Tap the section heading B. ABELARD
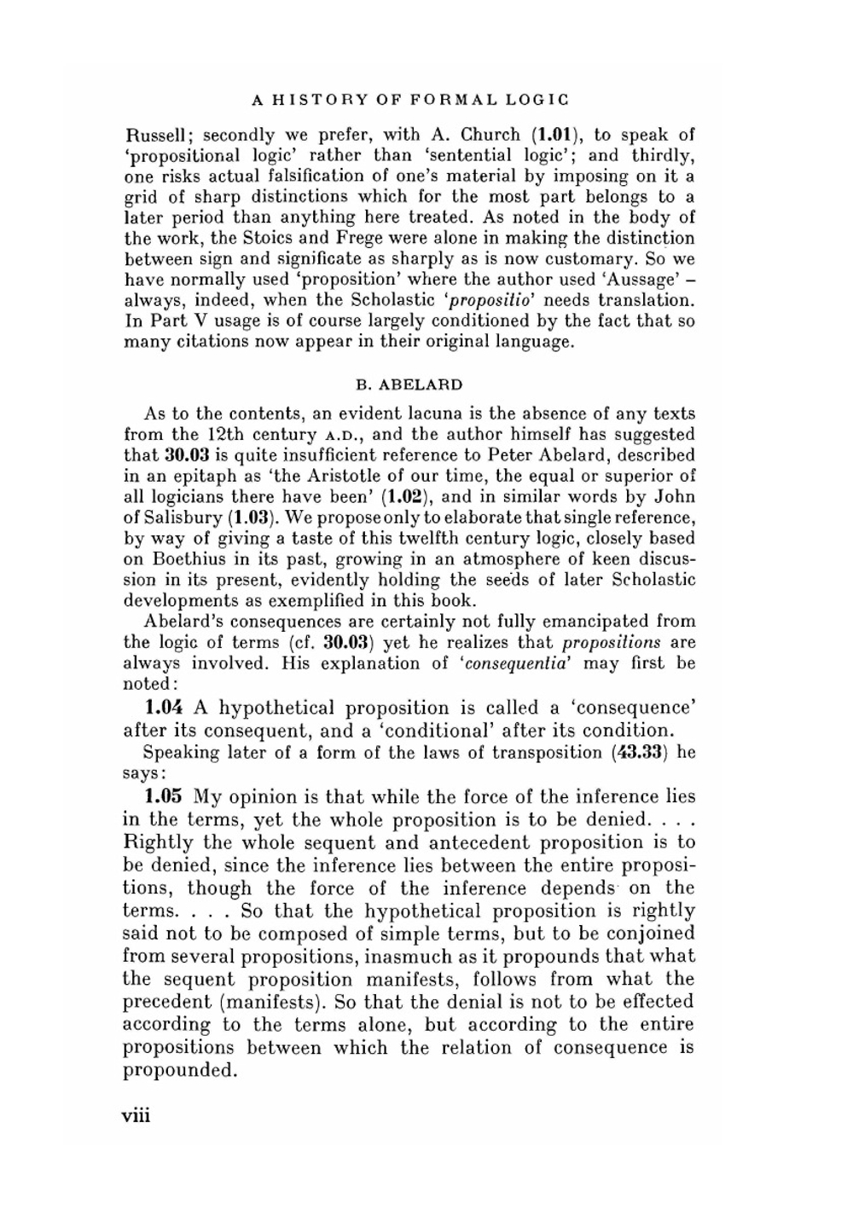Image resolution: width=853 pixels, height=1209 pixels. tap(409, 385)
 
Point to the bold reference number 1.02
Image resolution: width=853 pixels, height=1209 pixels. tap(389, 497)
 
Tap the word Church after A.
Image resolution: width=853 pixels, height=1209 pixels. tap(490, 135)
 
